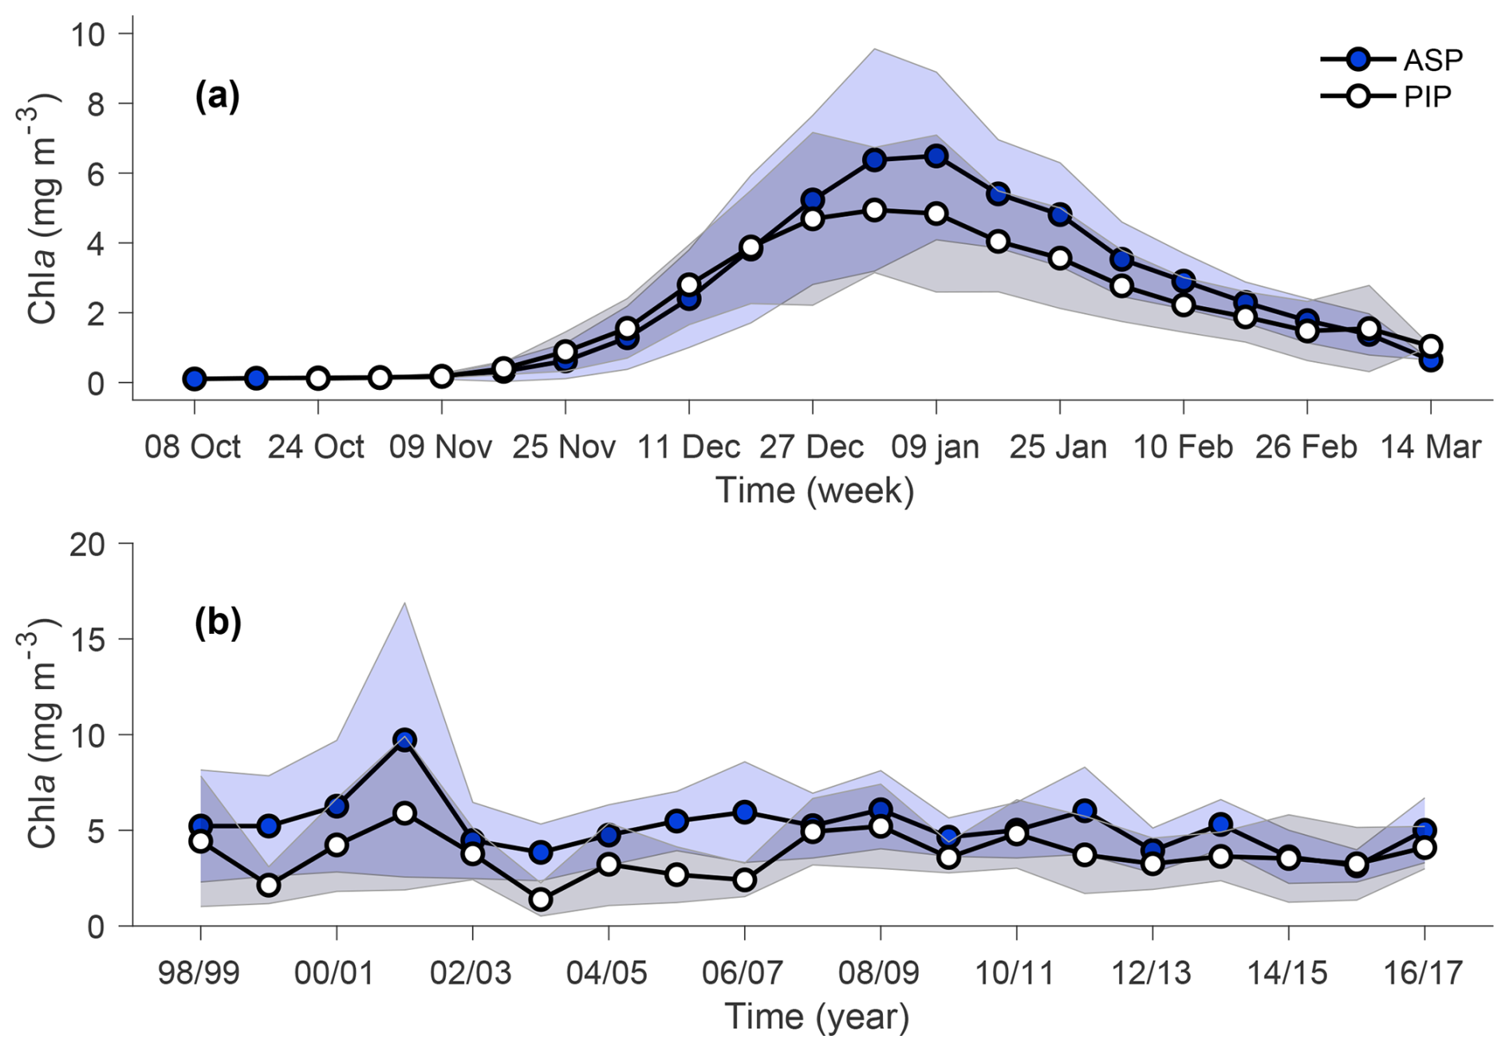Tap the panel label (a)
pyautogui.click(x=217, y=96)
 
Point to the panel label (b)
pyautogui.click(x=218, y=623)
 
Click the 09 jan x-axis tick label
pyautogui.click(x=935, y=447)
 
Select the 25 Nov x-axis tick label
pyautogui.click(x=564, y=447)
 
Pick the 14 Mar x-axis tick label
pyautogui.click(x=1430, y=447)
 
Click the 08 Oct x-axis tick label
pyautogui.click(x=192, y=447)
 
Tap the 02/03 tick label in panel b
pyautogui.click(x=471, y=974)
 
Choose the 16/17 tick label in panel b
pyautogui.click(x=1424, y=974)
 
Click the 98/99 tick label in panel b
pyautogui.click(x=199, y=974)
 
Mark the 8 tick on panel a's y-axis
pyautogui.click(x=96, y=104)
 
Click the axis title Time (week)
pyautogui.click(x=814, y=490)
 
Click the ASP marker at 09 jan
pyautogui.click(x=936, y=156)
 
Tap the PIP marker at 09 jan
pyautogui.click(x=936, y=214)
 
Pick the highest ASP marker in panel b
pyautogui.click(x=404, y=739)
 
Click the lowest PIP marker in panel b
pyautogui.click(x=541, y=899)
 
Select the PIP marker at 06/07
pyautogui.click(x=744, y=880)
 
